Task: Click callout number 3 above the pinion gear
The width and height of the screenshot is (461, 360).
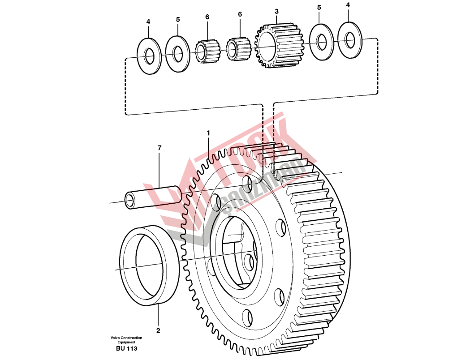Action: coord(276,11)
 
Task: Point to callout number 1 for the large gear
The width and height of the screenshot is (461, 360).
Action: coord(208,133)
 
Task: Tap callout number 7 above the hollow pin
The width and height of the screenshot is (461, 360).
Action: coord(159,148)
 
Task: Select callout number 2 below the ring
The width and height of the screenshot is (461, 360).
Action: coord(158,331)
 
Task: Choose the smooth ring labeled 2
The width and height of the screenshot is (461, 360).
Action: coord(150,266)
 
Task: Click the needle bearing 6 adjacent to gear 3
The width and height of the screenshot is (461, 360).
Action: coord(239,49)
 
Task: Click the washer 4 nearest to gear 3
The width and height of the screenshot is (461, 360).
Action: coord(350,39)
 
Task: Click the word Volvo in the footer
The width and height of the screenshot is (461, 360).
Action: coord(113,338)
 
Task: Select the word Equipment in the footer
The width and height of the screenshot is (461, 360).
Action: coord(126,342)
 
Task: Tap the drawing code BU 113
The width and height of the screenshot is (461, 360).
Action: coord(126,348)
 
